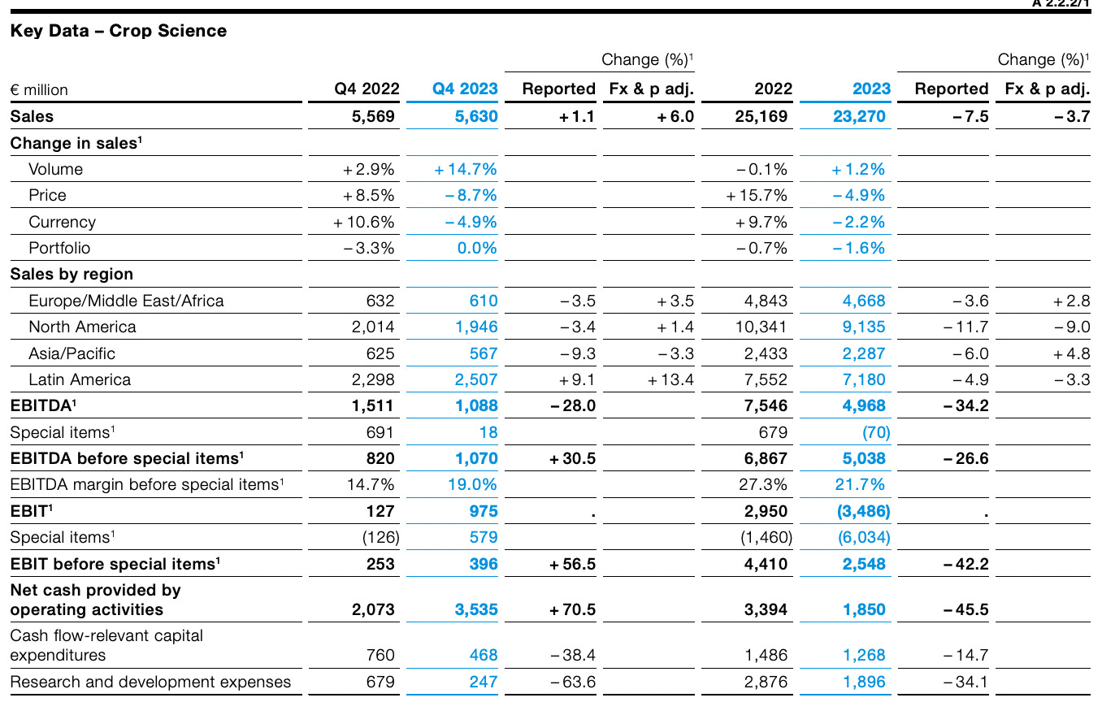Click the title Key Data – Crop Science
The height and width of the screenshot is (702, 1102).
pos(119,31)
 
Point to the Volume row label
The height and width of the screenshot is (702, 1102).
pos(55,169)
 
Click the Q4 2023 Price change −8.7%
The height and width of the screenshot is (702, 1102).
pos(471,195)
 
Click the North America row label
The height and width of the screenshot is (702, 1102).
pos(82,327)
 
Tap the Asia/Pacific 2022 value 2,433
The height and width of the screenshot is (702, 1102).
pos(766,353)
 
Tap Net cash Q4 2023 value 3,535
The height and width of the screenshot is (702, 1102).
pos(475,609)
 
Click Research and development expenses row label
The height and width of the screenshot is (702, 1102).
pos(150,682)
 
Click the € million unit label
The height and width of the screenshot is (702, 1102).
pos(39,89)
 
